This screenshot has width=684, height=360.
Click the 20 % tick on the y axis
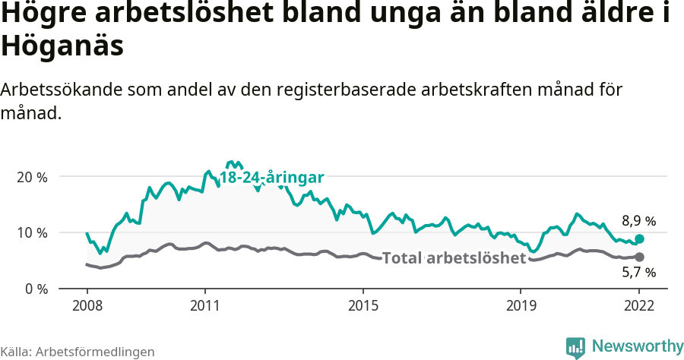[31, 177]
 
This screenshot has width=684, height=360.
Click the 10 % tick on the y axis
[31, 232]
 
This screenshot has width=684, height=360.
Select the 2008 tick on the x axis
[87, 305]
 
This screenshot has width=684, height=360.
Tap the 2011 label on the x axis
[205, 305]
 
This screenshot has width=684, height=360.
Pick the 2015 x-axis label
[363, 305]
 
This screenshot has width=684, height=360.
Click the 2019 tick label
[521, 305]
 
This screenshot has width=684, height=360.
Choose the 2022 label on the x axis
[639, 305]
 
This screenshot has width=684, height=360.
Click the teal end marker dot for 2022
[640, 239]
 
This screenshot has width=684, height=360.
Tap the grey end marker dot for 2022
[640, 257]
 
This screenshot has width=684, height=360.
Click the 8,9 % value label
[638, 222]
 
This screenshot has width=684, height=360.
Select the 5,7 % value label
[638, 273]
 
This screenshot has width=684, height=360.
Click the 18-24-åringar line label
[272, 178]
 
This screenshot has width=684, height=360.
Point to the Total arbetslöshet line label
[454, 258]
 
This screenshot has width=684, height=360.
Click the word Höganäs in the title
[62, 47]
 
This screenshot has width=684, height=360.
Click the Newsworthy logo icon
[575, 346]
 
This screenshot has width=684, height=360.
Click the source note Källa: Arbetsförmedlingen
[78, 352]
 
